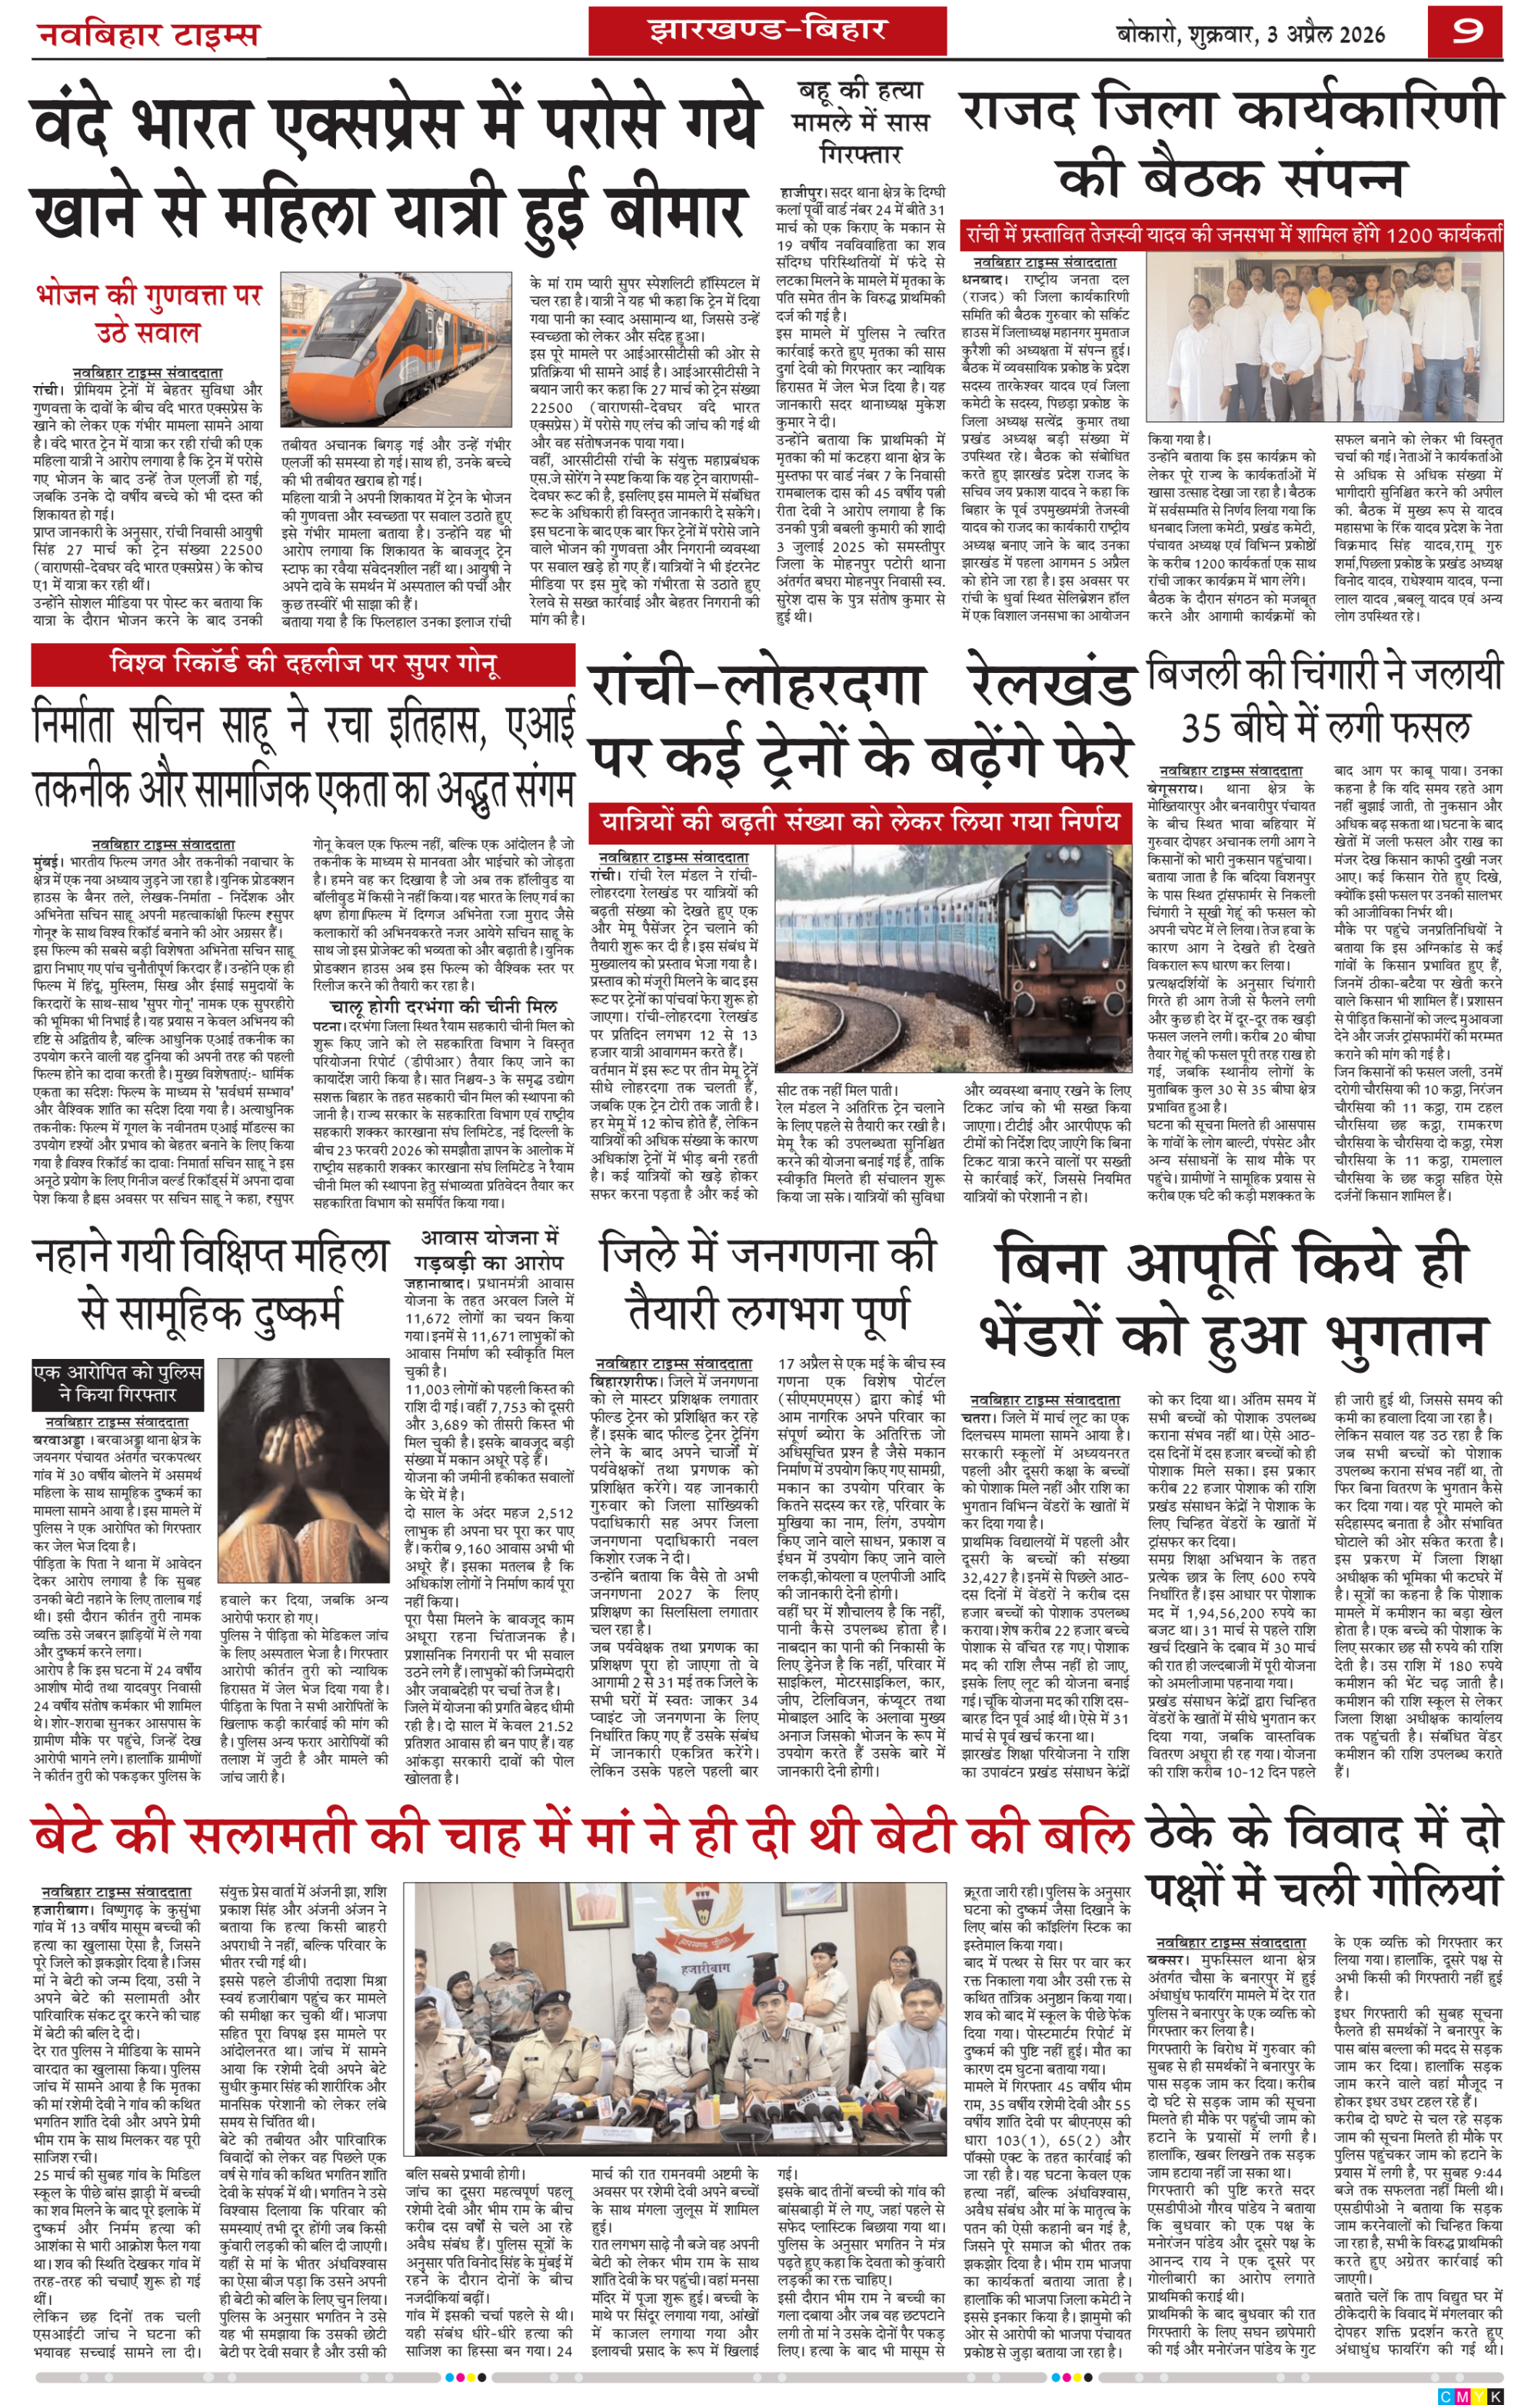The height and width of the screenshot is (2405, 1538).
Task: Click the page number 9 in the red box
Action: pos(1466,32)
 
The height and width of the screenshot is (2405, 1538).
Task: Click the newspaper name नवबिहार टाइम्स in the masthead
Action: pos(148,35)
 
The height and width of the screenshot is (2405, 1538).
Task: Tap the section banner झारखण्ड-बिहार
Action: pos(767,30)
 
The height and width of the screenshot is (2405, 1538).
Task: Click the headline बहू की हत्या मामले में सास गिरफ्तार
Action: pos(860,122)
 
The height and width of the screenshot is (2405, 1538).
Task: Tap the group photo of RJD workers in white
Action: pos(1324,340)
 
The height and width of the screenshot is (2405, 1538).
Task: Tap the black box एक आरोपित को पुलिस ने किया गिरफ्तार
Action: pos(118,1381)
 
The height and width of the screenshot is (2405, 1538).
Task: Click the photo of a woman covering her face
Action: pos(304,1468)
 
